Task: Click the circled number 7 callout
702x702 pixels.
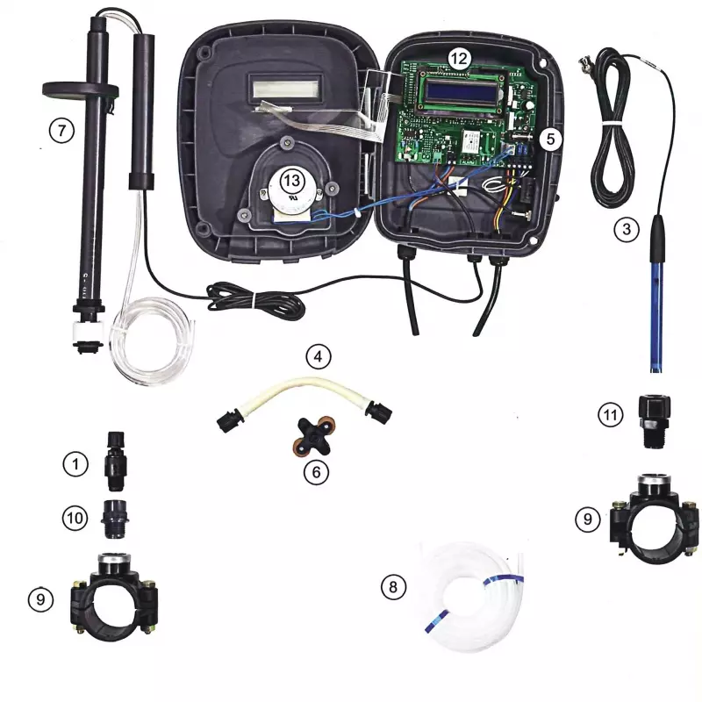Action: pyautogui.click(x=61, y=131)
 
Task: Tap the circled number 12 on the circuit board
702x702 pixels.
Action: pyautogui.click(x=459, y=59)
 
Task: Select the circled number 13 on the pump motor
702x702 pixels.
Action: pyautogui.click(x=292, y=181)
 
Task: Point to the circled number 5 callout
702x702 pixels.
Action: pyautogui.click(x=550, y=140)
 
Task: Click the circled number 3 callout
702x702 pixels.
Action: pyautogui.click(x=627, y=229)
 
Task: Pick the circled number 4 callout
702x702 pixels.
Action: pyautogui.click(x=318, y=357)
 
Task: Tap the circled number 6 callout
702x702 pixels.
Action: pyautogui.click(x=316, y=472)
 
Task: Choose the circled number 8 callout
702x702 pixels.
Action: pyautogui.click(x=393, y=586)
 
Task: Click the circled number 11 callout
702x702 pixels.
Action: pyautogui.click(x=611, y=415)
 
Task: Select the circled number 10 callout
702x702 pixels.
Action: pyautogui.click(x=75, y=518)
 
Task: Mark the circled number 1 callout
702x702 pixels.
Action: pyautogui.click(x=75, y=464)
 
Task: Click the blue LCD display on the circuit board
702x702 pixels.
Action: pyautogui.click(x=463, y=93)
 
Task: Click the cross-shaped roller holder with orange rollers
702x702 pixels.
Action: pyautogui.click(x=312, y=437)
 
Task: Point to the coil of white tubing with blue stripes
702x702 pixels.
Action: pyautogui.click(x=469, y=597)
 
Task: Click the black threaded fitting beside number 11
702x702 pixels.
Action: pyautogui.click(x=654, y=421)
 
